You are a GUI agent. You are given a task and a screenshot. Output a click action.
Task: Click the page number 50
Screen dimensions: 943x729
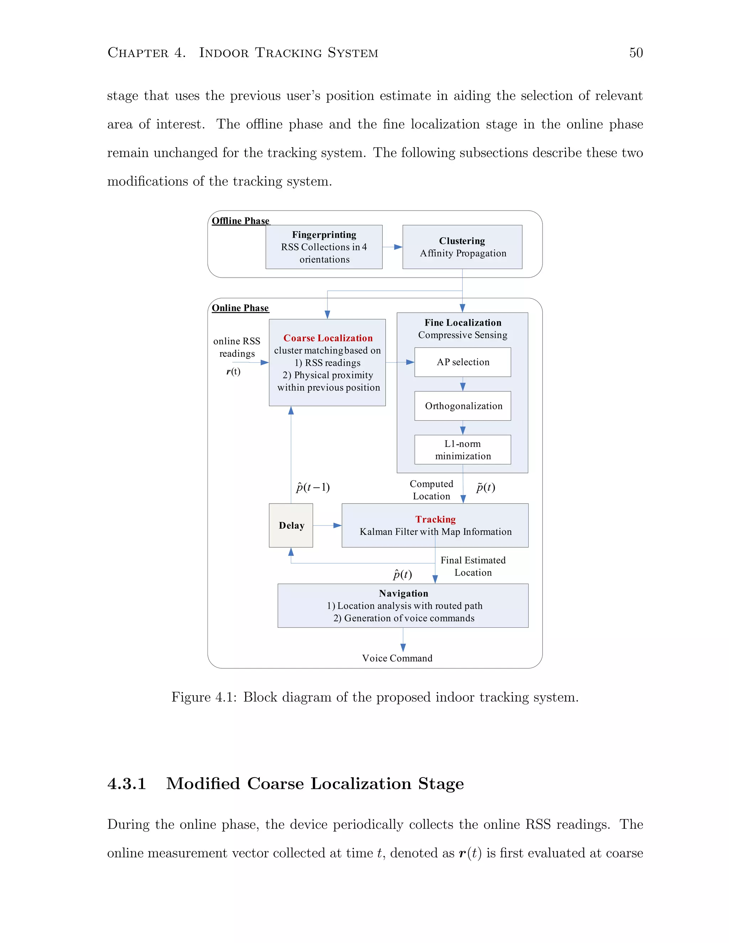[636, 53]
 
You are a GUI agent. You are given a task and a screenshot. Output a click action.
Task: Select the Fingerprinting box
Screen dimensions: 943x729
[324, 247]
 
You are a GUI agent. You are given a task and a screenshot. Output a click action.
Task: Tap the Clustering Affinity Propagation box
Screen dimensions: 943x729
[462, 247]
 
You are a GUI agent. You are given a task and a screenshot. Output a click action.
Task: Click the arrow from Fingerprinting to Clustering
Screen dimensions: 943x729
[392, 247]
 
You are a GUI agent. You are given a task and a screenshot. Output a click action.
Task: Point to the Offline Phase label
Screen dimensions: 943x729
[240, 221]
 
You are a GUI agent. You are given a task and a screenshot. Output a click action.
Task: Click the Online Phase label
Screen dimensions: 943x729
[240, 308]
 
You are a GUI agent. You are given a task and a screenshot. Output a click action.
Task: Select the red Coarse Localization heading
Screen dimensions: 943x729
[328, 338]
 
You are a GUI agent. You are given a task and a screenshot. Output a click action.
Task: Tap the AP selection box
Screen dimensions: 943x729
[462, 362]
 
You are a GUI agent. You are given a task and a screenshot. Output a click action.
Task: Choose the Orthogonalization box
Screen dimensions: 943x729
[462, 406]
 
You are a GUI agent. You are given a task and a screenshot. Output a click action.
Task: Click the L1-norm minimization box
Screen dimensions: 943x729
[462, 450]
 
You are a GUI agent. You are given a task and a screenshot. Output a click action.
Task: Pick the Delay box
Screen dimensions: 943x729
[291, 526]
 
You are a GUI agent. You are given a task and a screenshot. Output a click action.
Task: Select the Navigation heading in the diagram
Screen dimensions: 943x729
[403, 593]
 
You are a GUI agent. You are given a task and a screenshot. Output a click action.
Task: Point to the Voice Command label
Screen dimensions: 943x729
[397, 658]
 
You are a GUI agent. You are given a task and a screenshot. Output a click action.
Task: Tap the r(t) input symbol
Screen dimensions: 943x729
[233, 371]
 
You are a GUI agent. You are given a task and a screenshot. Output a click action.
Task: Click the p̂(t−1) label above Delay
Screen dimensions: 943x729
[313, 488]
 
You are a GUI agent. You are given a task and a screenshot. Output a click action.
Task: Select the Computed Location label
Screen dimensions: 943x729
[431, 490]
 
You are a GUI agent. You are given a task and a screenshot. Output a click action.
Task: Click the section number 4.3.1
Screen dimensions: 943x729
[127, 784]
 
